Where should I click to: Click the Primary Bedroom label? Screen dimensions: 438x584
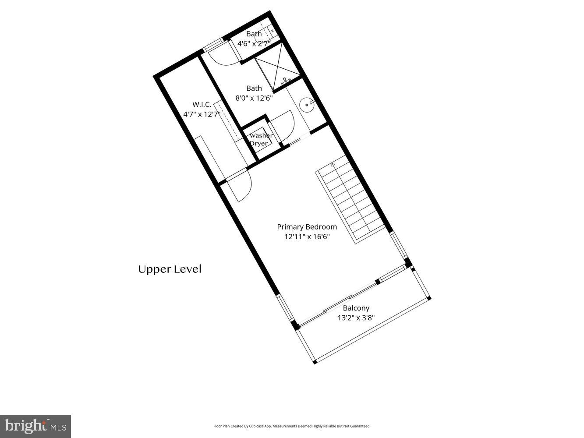307,227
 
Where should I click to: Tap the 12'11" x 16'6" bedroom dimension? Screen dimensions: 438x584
307,237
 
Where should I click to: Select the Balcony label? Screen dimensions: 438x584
356,308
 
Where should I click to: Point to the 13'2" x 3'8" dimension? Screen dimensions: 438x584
356,318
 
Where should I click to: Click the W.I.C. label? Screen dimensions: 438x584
202,104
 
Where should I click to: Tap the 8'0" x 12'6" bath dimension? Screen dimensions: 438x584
254,98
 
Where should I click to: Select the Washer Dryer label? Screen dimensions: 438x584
261,139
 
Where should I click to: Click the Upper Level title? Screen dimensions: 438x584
170,269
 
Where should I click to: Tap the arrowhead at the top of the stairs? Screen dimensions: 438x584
333,165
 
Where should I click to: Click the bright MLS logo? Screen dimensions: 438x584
35,426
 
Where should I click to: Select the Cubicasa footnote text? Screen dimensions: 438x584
292,426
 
